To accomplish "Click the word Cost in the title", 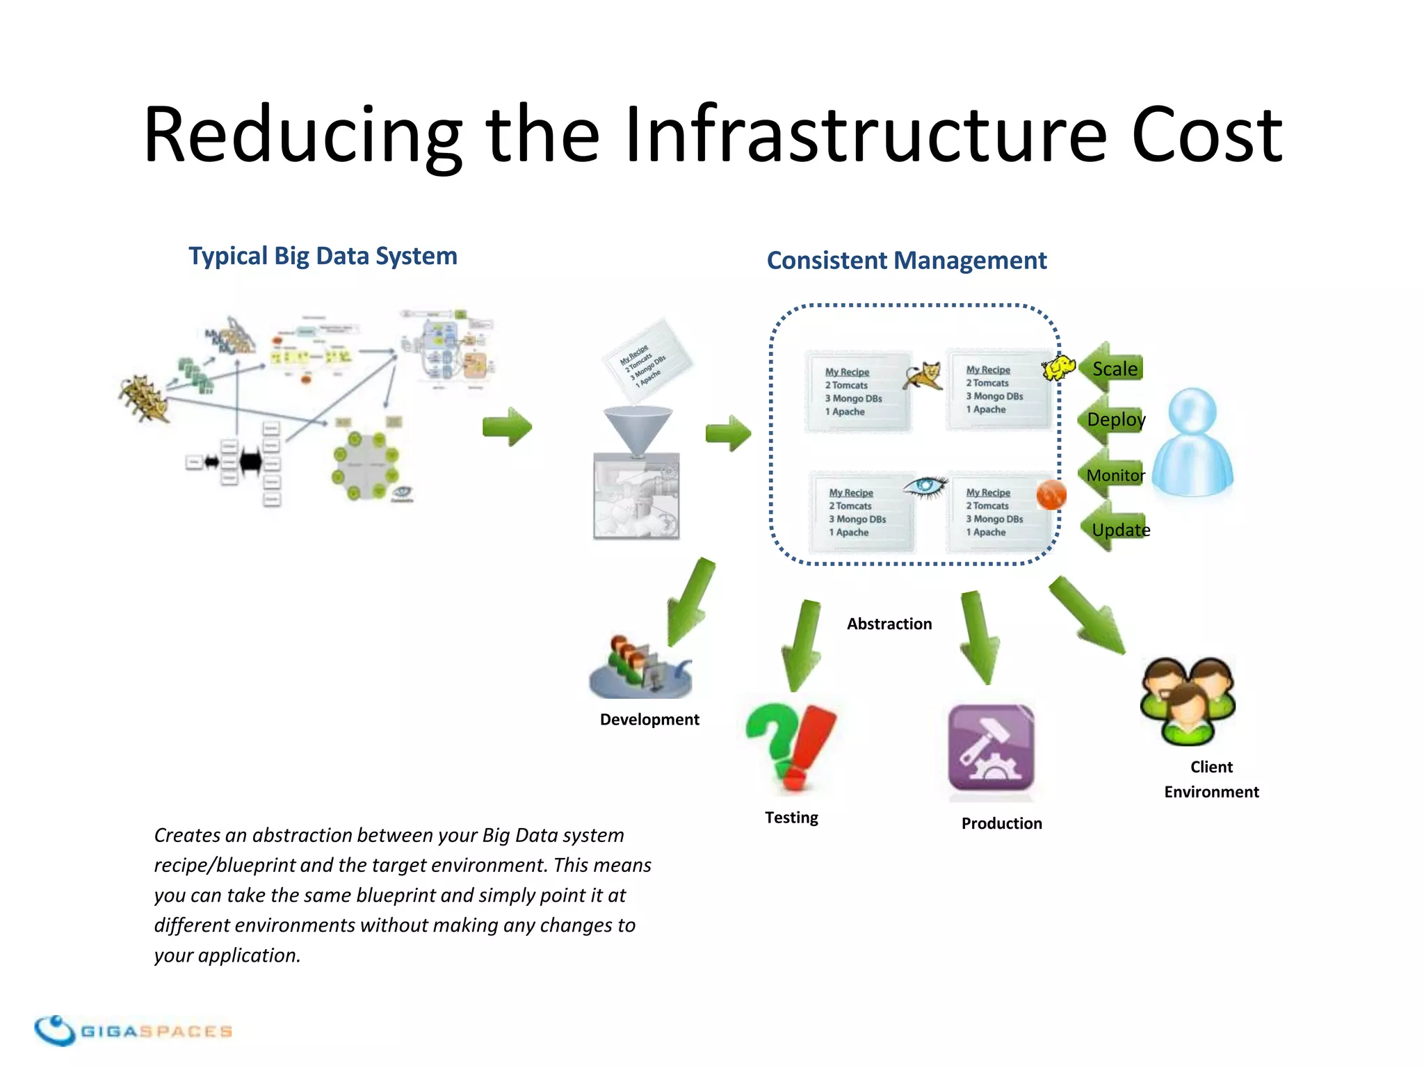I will click(x=1206, y=135).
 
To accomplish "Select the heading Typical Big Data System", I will click(x=323, y=256).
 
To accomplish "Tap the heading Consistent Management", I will click(x=906, y=261).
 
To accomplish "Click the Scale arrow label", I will click(x=1114, y=369).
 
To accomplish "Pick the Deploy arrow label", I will click(x=1115, y=419).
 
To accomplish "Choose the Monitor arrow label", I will click(x=1115, y=475).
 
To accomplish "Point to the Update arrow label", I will click(x=1120, y=530).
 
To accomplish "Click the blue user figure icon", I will click(x=1192, y=442).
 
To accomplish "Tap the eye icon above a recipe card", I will click(x=925, y=486).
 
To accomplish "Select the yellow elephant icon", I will click(x=1058, y=368).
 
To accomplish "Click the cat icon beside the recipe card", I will click(x=924, y=376).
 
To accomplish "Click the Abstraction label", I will click(x=889, y=624).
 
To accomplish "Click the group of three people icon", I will click(x=1188, y=699).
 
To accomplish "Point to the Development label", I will click(x=649, y=720).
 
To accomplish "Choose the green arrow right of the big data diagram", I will click(x=508, y=426).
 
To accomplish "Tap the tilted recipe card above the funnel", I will click(x=646, y=360).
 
